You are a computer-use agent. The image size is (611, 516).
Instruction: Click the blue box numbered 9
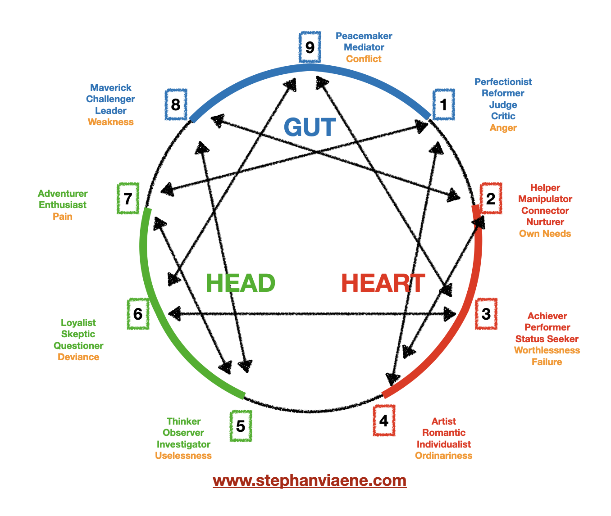(x=310, y=47)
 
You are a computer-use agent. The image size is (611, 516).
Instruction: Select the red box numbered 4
(x=384, y=421)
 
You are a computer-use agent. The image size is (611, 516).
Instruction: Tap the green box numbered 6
(x=138, y=313)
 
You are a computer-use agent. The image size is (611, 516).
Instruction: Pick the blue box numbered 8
(x=176, y=104)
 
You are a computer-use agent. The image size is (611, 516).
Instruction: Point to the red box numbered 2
(x=491, y=198)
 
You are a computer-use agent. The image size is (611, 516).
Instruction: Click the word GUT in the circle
(x=310, y=127)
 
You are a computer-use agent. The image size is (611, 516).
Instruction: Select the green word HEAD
(x=240, y=283)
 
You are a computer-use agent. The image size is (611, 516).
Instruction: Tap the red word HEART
(x=383, y=283)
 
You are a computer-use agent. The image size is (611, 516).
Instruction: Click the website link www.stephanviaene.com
(x=310, y=480)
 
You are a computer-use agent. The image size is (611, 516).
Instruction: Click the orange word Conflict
(x=364, y=59)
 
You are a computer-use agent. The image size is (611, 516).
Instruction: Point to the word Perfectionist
(x=503, y=82)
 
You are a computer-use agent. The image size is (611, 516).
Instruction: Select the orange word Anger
(x=503, y=128)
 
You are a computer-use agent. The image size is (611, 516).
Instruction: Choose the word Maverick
(x=111, y=88)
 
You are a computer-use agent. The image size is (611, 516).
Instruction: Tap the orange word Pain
(x=63, y=217)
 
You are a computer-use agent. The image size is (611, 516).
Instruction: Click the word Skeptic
(x=78, y=334)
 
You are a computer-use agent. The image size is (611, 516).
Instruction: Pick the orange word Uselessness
(x=183, y=456)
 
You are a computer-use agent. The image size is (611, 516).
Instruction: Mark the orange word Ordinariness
(x=443, y=456)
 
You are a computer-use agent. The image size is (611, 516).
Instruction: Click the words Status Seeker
(x=547, y=339)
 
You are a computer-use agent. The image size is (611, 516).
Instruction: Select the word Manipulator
(x=545, y=199)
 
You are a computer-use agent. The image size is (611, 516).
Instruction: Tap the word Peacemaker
(x=364, y=36)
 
